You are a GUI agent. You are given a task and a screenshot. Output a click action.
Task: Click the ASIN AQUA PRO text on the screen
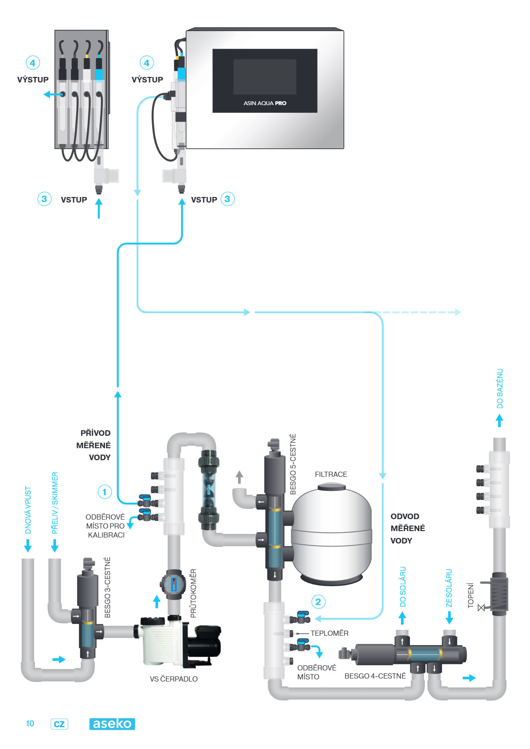point(265,103)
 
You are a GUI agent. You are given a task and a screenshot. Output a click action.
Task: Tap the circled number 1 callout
point(105,492)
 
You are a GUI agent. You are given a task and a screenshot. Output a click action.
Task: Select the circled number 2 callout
point(318,602)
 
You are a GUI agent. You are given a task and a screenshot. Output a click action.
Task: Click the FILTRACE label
point(331,474)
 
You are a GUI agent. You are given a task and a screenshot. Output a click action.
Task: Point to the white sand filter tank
point(331,534)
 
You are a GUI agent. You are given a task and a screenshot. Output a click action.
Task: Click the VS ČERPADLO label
point(174,679)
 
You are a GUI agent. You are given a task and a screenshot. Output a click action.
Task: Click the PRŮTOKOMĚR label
point(193,593)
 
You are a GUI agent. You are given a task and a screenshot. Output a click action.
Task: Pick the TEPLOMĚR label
point(329,633)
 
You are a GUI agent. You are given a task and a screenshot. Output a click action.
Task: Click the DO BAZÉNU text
point(500,389)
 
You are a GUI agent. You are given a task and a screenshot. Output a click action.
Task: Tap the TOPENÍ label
point(471,595)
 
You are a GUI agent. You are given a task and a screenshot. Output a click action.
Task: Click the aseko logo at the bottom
point(112,724)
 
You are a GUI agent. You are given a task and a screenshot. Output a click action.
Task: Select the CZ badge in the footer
point(59,724)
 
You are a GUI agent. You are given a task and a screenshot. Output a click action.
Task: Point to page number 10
point(30,723)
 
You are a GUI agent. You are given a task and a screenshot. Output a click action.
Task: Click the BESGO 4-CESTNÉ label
point(375,676)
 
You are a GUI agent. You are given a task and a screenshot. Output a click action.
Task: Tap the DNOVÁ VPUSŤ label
point(28,510)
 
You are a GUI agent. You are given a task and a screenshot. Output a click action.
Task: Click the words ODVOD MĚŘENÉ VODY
point(407,529)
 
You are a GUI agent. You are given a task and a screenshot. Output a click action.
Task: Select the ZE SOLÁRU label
point(449,588)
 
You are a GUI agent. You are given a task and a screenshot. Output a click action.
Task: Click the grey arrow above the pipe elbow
point(239,477)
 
